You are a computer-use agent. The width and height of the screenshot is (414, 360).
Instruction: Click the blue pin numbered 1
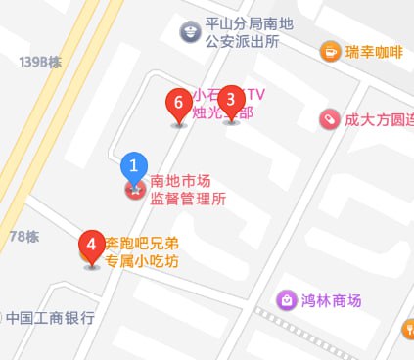[135, 166]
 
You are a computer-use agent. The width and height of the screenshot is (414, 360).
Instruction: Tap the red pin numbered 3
[231, 99]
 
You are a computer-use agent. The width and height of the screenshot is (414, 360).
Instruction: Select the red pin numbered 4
[91, 243]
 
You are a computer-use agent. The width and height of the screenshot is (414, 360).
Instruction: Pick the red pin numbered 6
[177, 102]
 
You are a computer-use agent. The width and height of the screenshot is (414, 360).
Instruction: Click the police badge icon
[189, 32]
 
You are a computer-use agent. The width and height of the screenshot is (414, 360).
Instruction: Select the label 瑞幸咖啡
[374, 53]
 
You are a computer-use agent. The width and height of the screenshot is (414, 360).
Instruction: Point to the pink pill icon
[330, 119]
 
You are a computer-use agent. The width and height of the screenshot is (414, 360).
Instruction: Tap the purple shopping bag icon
[287, 299]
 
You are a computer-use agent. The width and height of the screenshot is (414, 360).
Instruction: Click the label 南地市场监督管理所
[188, 190]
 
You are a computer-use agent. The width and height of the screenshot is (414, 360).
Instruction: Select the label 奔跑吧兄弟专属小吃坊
[142, 251]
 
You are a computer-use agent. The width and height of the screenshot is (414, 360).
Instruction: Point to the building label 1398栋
[40, 62]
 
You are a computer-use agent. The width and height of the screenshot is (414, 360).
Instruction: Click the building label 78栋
[23, 236]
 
